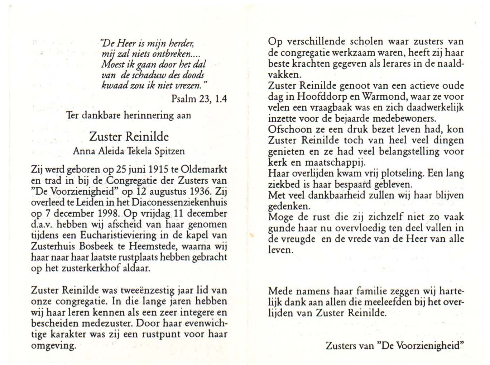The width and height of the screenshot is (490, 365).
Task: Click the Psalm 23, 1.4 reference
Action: pyautogui.click(x=199, y=99)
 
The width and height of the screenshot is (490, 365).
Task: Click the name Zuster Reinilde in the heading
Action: pyautogui.click(x=129, y=137)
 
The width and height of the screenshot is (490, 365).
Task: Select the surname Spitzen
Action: pyautogui.click(x=169, y=151)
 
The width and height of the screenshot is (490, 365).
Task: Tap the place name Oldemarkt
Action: pyautogui.click(x=203, y=169)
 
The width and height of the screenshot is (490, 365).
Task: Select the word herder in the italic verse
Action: pyautogui.click(x=182, y=44)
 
